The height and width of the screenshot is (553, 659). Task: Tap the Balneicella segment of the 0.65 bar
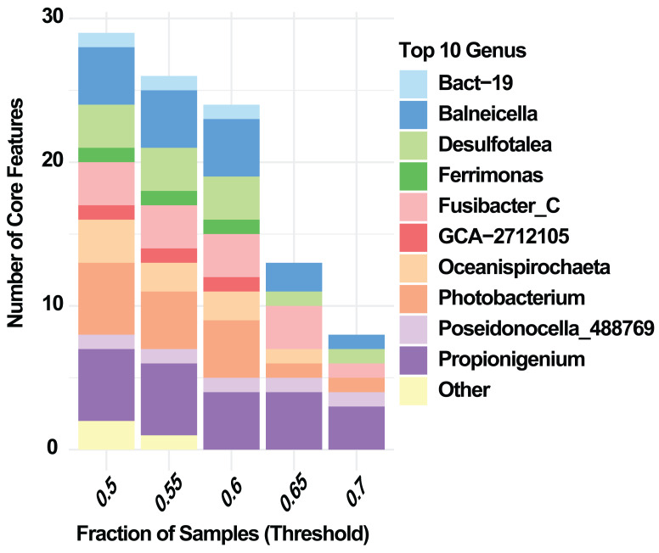click(x=292, y=276)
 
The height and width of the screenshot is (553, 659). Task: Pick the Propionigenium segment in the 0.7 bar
click(x=355, y=427)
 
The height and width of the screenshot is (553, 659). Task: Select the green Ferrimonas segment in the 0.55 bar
click(x=167, y=198)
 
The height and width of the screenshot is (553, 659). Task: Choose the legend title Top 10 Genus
click(x=463, y=51)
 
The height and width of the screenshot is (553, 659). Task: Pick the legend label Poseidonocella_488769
click(x=546, y=328)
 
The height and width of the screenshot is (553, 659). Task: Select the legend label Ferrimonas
click(x=479, y=175)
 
